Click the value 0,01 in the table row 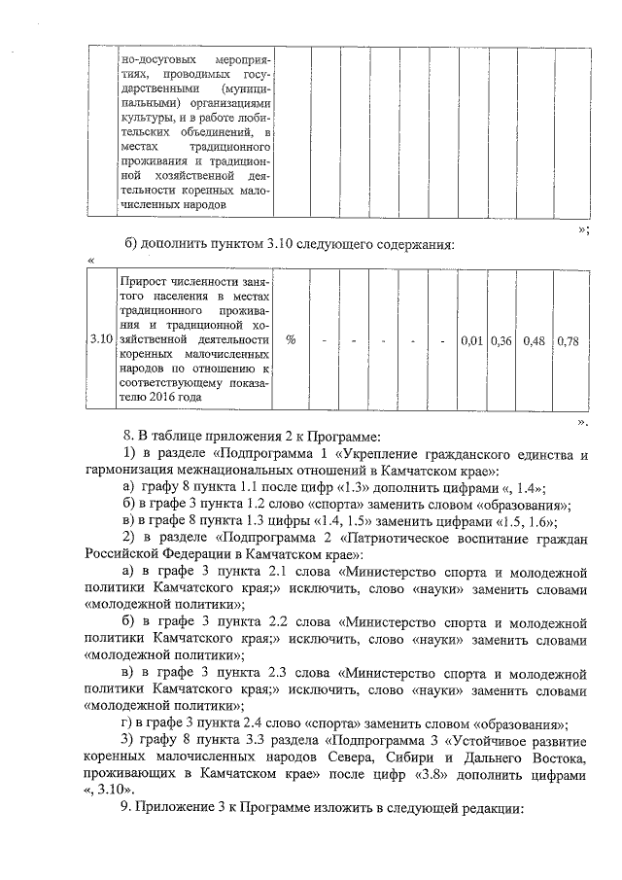point(472,341)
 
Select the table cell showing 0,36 point(501,341)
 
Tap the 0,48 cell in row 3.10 point(534,341)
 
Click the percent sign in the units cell point(292,341)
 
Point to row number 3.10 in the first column point(100,341)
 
